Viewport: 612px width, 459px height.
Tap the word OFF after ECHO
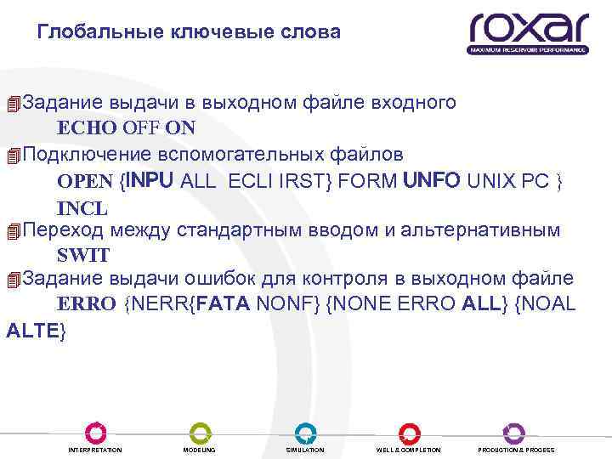pyautogui.click(x=141, y=128)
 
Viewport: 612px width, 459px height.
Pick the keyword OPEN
pyautogui.click(x=84, y=181)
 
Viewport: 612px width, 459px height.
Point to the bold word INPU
pyautogui.click(x=150, y=180)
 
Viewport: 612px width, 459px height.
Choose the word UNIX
pyautogui.click(x=493, y=181)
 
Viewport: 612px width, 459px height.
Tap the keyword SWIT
pyautogui.click(x=83, y=255)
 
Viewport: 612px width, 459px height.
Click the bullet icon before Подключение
pyautogui.click(x=12, y=156)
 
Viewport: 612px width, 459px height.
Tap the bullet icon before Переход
pyautogui.click(x=12, y=230)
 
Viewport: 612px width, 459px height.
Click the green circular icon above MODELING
pyautogui.click(x=200, y=432)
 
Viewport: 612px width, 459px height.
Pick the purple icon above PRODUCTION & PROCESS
pyautogui.click(x=514, y=432)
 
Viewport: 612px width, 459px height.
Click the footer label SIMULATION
pyautogui.click(x=305, y=450)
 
